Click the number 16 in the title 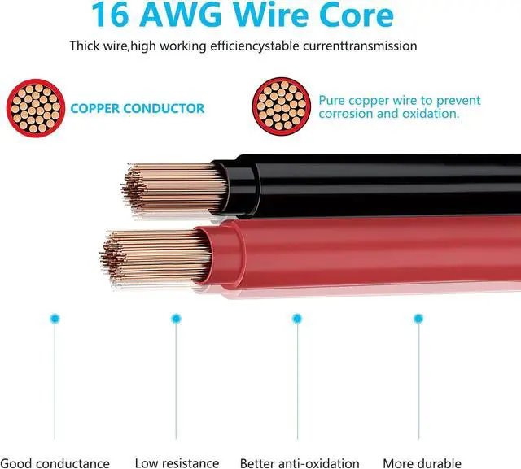point(110,15)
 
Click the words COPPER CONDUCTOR point(138,108)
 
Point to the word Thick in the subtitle point(85,46)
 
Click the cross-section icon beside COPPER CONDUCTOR point(36,108)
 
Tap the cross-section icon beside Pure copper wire point(282,106)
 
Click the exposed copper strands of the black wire point(173,189)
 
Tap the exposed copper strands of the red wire point(155,257)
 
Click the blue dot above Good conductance point(55,319)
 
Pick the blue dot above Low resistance point(176,319)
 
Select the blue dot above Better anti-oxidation point(297,319)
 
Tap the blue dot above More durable point(418,319)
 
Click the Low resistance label point(177,463)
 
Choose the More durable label point(422,463)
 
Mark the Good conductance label point(55,463)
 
